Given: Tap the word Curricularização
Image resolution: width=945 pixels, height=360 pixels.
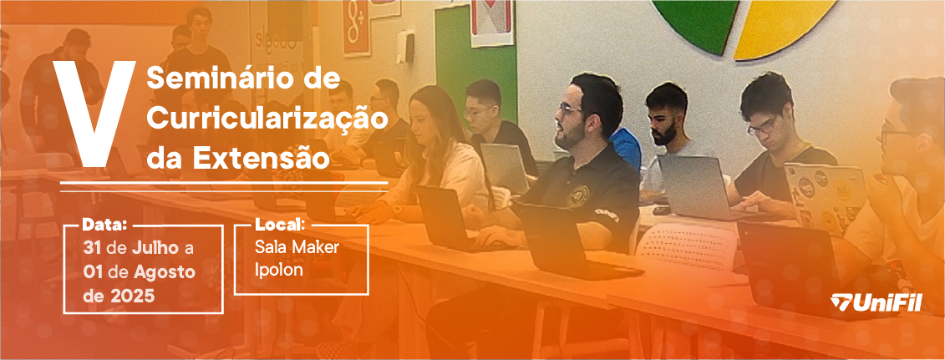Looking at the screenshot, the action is (x=267, y=118).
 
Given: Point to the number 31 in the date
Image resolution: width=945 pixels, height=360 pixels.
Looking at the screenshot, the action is (x=93, y=247).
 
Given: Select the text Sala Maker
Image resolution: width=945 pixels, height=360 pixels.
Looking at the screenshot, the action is (x=297, y=247).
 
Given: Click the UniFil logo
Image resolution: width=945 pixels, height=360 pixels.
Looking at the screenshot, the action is (x=876, y=303).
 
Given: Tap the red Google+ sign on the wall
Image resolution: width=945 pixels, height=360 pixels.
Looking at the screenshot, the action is (x=356, y=28).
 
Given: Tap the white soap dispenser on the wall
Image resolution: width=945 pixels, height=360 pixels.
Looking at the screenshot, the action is (x=404, y=46).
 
